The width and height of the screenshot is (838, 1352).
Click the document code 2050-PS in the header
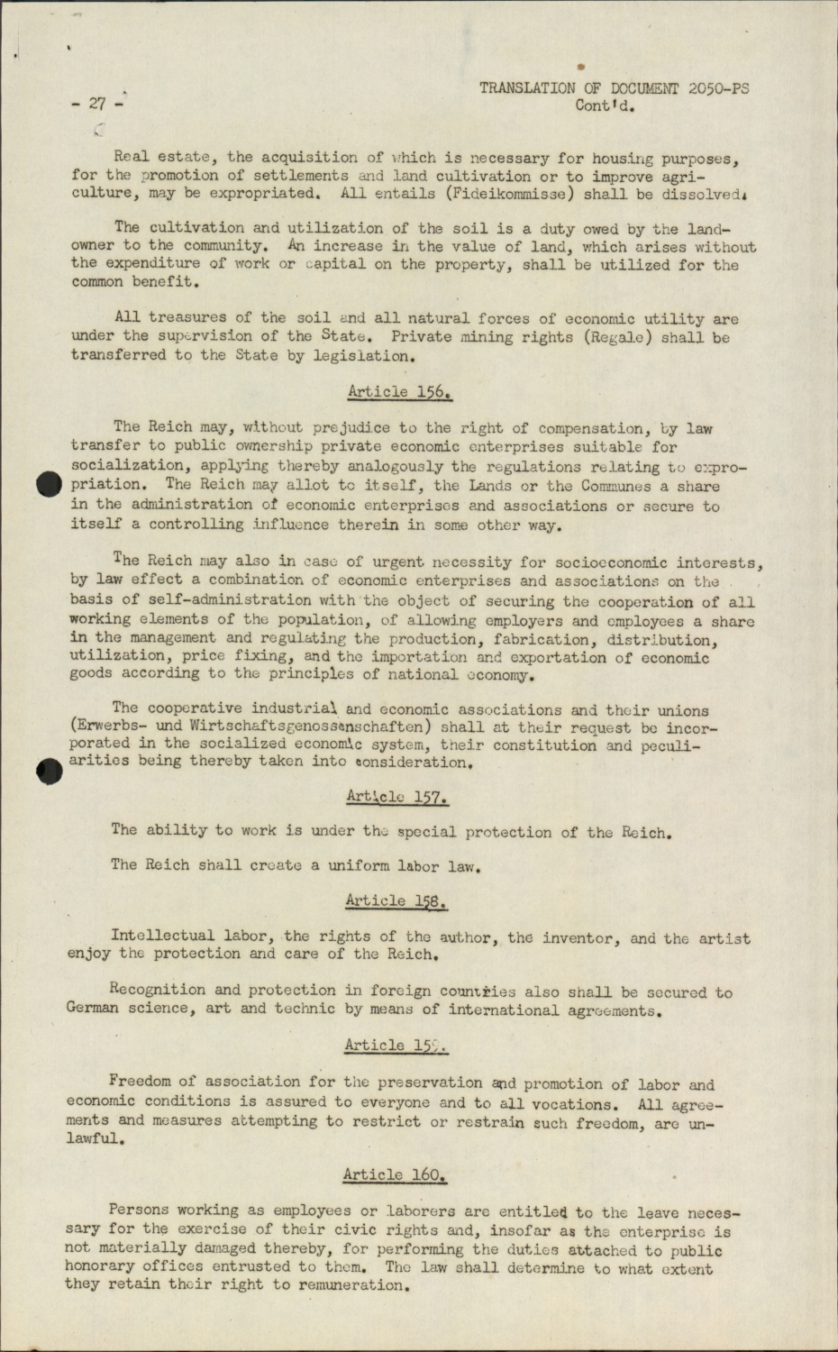[718, 88]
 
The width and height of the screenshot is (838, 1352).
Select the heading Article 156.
[399, 392]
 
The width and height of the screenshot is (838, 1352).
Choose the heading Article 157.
[397, 797]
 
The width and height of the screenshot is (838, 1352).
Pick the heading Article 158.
[396, 900]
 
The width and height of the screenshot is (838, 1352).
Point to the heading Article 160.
[395, 1174]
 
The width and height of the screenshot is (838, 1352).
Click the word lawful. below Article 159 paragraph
[94, 1138]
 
